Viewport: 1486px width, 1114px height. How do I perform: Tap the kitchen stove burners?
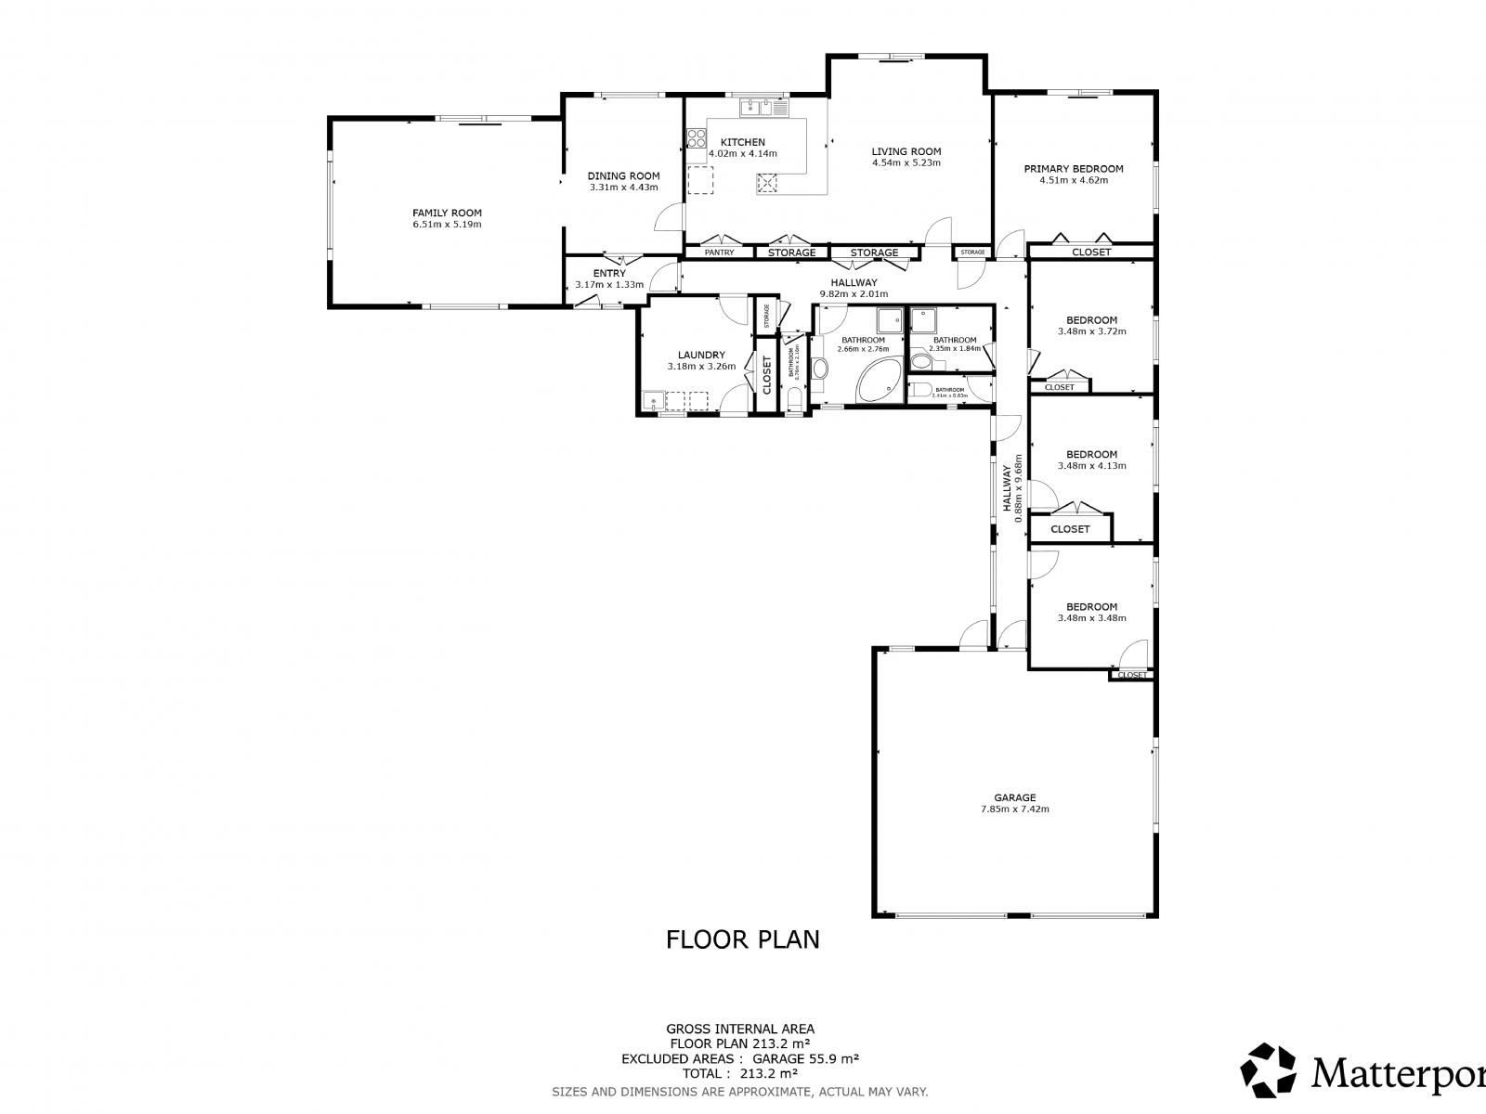[696, 139]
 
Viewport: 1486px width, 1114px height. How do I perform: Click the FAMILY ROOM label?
[447, 213]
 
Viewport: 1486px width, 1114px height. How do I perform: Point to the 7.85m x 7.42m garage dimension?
[1014, 809]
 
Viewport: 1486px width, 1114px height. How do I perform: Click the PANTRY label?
[719, 253]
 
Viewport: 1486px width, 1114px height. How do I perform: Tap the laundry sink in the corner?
[654, 402]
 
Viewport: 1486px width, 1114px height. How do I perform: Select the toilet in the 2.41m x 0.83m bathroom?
[919, 390]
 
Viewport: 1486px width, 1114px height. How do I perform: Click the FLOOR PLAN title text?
[742, 939]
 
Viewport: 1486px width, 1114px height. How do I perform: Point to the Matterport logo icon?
[1269, 1070]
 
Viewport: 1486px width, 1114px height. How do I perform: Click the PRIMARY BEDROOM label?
[1073, 169]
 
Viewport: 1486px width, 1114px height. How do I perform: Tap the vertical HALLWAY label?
[1007, 487]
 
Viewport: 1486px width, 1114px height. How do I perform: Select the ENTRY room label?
[608, 273]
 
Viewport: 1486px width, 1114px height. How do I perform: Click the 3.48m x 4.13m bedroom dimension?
[1091, 466]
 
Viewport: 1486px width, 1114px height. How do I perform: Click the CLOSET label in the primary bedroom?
[1090, 252]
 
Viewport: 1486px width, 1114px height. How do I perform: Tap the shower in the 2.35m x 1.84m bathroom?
[924, 320]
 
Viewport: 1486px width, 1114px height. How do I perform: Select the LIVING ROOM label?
[906, 151]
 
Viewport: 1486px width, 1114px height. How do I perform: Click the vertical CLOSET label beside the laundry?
[767, 375]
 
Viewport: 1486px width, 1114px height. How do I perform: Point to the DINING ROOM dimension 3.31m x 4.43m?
[623, 187]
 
